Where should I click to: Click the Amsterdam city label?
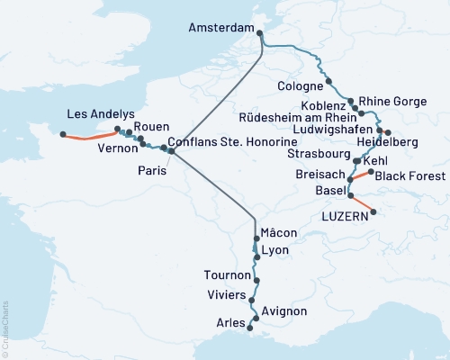click(220, 29)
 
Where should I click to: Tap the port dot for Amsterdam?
click(260, 35)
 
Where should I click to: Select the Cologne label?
click(301, 86)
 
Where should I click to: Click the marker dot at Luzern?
click(373, 212)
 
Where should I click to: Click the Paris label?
click(152, 169)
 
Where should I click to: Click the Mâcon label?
click(280, 233)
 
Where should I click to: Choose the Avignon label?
click(285, 311)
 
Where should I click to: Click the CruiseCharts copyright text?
click(5, 328)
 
